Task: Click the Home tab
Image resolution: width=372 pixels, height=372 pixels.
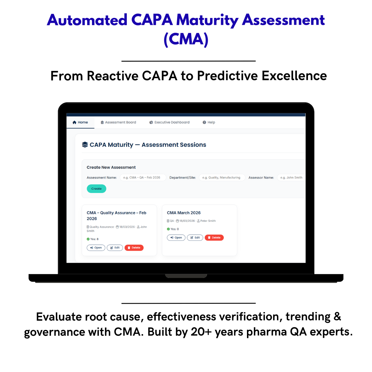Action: pos(80,122)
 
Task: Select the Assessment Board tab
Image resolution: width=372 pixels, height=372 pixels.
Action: pos(118,122)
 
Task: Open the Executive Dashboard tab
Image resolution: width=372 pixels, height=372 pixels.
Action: pos(169,122)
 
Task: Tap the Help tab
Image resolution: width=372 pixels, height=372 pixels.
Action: pos(209,122)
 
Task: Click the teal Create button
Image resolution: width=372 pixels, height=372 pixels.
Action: pos(96,189)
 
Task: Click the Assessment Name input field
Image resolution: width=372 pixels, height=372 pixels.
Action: pos(143,178)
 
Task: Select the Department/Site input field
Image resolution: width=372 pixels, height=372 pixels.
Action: pos(222,178)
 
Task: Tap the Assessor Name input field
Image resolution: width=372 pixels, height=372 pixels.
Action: pos(291,178)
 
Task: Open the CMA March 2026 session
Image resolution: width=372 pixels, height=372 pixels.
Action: pos(176,238)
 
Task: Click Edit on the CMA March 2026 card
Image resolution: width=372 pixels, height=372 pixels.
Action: pos(195,238)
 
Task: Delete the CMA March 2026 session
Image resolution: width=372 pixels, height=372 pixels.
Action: pos(214,238)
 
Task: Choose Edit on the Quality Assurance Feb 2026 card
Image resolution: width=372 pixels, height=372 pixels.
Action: pos(115,248)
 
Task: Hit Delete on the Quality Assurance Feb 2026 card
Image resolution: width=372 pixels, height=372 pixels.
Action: pos(134,248)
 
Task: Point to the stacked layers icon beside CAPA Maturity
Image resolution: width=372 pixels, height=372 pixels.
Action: pos(85,145)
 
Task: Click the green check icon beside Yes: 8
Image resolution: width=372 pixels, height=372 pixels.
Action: pos(88,239)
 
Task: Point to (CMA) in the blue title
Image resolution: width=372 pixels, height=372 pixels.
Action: pos(186,39)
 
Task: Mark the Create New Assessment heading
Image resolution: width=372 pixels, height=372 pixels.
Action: pos(111,167)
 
